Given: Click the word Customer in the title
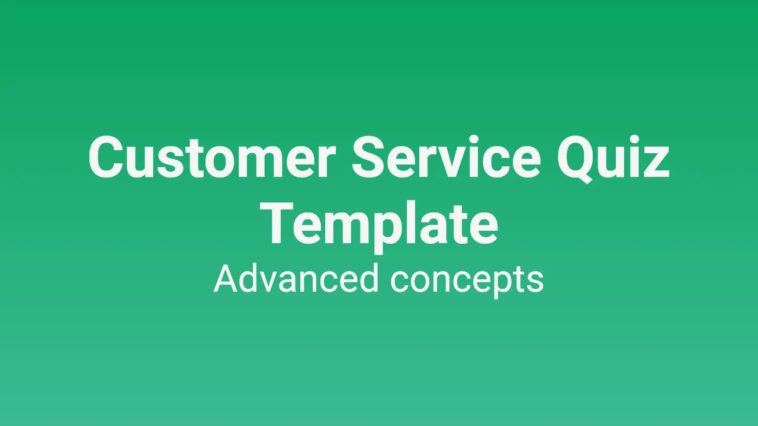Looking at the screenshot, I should click(212, 157).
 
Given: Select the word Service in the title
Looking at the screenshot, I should click(447, 157).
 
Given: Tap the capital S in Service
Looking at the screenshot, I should click(371, 157).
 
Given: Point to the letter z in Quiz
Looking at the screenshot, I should click(656, 163).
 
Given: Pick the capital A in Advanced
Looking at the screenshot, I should click(227, 278).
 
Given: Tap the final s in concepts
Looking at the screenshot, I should click(535, 282).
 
